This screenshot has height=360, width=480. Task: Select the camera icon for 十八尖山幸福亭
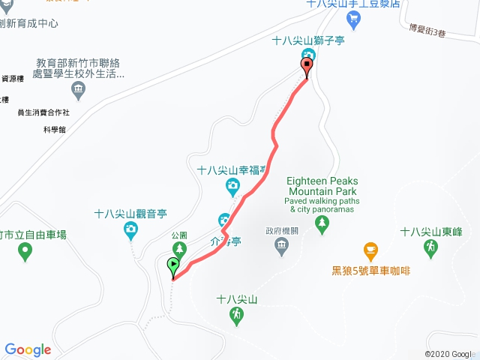coord(233,184)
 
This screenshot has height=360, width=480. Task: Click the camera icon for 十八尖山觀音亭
coord(130,228)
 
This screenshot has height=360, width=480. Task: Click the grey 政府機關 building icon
coord(281,244)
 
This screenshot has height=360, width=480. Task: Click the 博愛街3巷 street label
coord(428,31)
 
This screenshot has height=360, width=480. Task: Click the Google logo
coord(28,349)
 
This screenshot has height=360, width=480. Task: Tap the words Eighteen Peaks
coord(322,181)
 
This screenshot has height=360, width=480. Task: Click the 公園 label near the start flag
coord(178,235)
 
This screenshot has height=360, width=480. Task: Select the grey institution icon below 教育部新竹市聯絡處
coord(78,91)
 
